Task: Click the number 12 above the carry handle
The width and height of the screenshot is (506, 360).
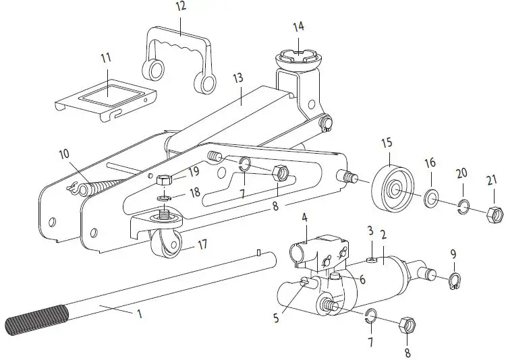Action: [x=180, y=7]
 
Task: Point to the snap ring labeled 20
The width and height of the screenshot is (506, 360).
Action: [x=463, y=206]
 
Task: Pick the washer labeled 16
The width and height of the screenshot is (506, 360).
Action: [x=430, y=199]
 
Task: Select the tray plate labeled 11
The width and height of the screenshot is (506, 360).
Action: [x=105, y=95]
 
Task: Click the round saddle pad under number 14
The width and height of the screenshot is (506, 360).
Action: [x=298, y=56]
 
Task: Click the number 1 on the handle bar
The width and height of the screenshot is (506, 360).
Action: [x=140, y=313]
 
